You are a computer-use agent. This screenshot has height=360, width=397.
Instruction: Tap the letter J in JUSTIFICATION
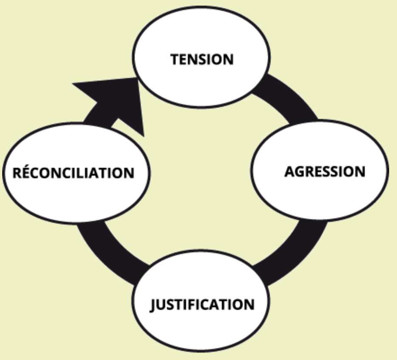pyautogui.click(x=153, y=305)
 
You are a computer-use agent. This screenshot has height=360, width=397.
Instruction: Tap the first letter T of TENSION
pyautogui.click(x=175, y=59)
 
